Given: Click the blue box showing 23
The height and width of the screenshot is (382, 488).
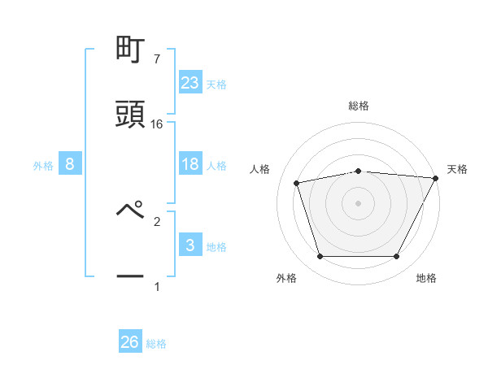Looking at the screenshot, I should [190, 82].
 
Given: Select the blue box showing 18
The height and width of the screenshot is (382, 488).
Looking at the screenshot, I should [190, 164].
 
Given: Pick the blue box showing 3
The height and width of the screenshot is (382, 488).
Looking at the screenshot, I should [190, 245].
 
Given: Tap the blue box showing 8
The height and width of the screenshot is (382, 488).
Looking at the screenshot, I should [70, 164].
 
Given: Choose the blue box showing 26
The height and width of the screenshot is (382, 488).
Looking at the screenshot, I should [130, 342].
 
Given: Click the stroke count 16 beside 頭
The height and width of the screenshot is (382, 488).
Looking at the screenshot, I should [157, 124].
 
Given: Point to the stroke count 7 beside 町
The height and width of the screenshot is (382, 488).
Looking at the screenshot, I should [156, 59].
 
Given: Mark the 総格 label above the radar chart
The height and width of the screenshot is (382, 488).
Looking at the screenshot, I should [358, 106].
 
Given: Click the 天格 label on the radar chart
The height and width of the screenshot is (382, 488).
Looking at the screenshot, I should [457, 169].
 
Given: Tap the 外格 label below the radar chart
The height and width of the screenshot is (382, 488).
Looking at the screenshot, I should [286, 278].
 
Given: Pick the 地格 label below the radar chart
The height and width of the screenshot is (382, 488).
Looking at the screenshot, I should [426, 278].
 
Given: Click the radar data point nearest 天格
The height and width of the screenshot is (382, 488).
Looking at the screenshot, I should [436, 178].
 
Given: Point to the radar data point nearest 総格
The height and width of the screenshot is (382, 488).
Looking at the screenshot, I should [358, 171].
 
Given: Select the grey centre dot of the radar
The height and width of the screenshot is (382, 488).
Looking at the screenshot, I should [358, 203].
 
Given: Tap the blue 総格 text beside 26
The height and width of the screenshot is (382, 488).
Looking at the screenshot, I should [156, 344].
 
